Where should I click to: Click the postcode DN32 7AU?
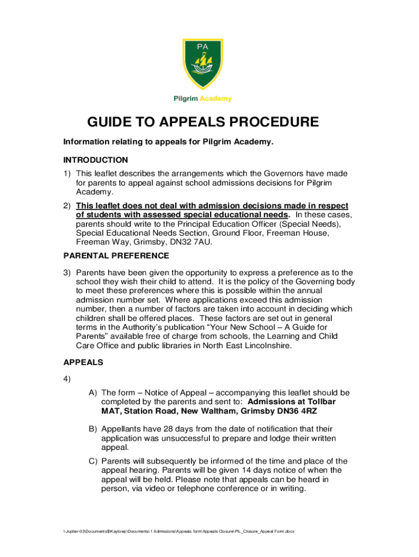pos(194,242)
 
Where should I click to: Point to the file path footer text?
pos(179,531)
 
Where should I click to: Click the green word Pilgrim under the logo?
pos(185,98)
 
